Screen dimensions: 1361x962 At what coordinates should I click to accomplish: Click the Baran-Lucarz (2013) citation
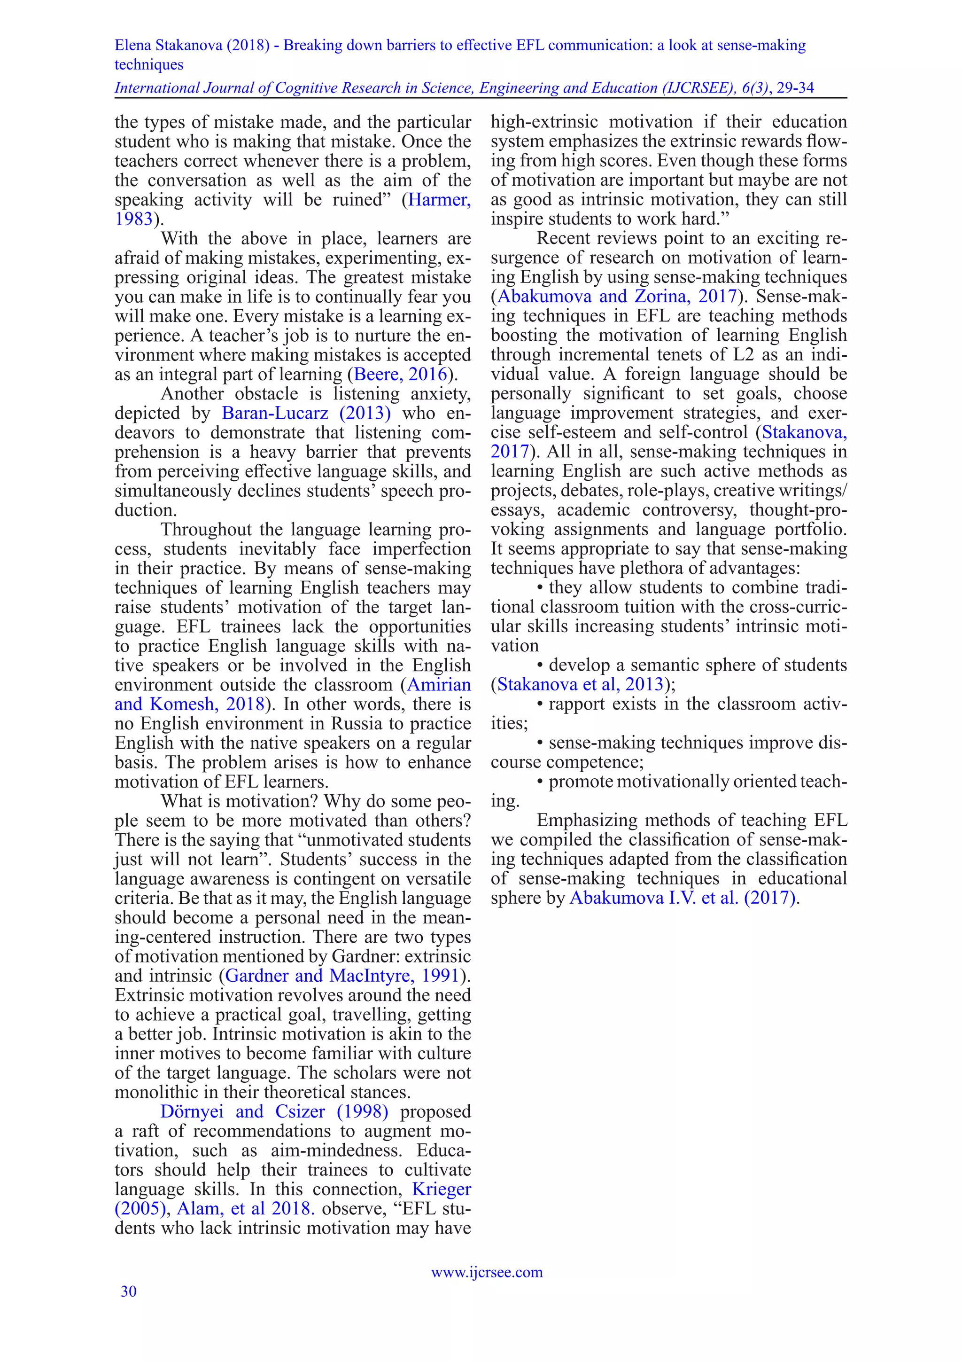pyautogui.click(x=306, y=413)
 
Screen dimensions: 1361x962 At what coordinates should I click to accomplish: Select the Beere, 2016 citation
pyautogui.click(x=400, y=374)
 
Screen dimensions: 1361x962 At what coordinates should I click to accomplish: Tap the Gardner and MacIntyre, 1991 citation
pyautogui.click(x=342, y=975)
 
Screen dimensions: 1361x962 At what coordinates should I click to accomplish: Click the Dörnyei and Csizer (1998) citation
pyautogui.click(x=274, y=1111)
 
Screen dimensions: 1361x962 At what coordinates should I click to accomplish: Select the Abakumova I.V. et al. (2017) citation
pyautogui.click(x=682, y=898)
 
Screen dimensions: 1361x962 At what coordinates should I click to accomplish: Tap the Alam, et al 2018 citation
pyautogui.click(x=245, y=1208)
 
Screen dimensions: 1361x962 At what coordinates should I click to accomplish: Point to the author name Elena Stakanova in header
pyautogui.click(x=168, y=45)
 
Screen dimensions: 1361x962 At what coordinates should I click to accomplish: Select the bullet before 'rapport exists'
pyautogui.click(x=540, y=704)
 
